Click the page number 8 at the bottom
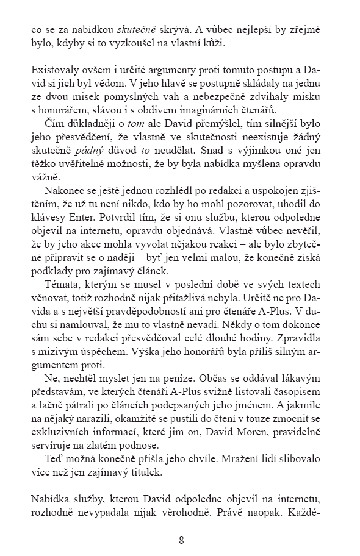tap(181, 540)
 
